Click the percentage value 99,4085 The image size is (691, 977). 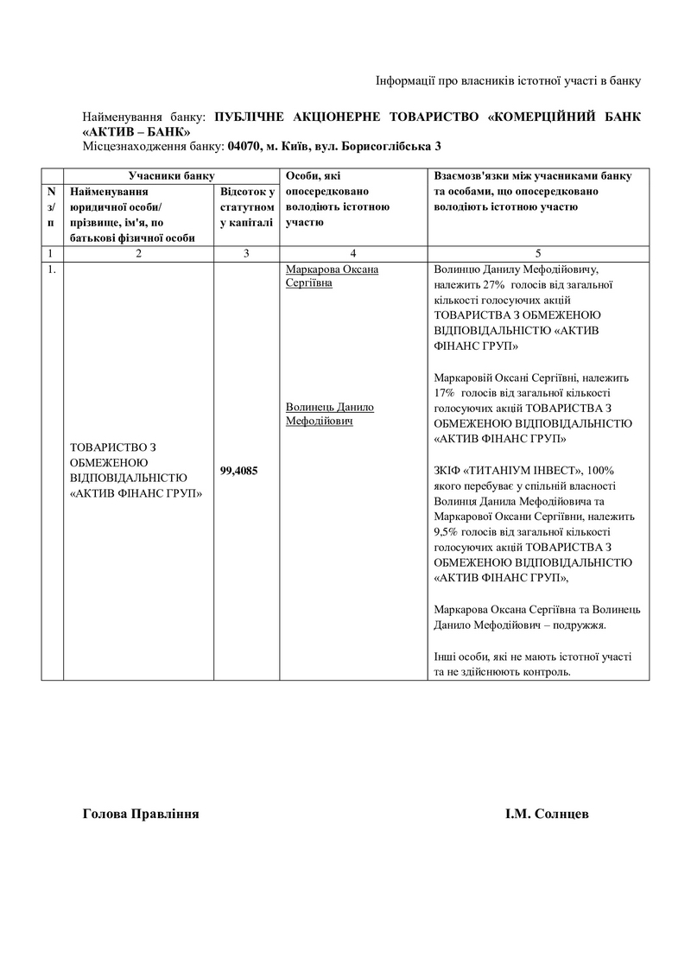click(x=239, y=471)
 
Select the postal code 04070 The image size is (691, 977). click(x=244, y=147)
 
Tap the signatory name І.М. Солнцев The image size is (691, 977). click(x=548, y=814)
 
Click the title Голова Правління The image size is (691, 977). click(x=141, y=814)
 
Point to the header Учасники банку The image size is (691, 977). click(x=160, y=175)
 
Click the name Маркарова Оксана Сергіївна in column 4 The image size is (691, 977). click(x=332, y=276)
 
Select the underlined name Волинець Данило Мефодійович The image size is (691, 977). click(x=329, y=413)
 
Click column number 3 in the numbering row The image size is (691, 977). click(x=246, y=253)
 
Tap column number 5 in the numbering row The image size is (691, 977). click(x=538, y=253)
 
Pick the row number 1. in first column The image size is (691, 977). click(x=52, y=269)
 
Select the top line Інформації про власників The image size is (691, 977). click(x=508, y=81)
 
